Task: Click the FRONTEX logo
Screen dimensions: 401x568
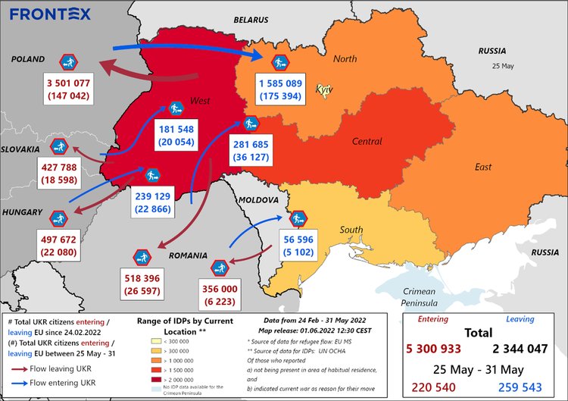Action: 51,14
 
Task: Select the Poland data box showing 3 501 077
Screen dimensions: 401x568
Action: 68,89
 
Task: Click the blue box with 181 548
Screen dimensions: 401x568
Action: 176,136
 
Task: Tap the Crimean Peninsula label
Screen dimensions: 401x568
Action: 419,297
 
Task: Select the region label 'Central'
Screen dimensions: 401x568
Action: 367,141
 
